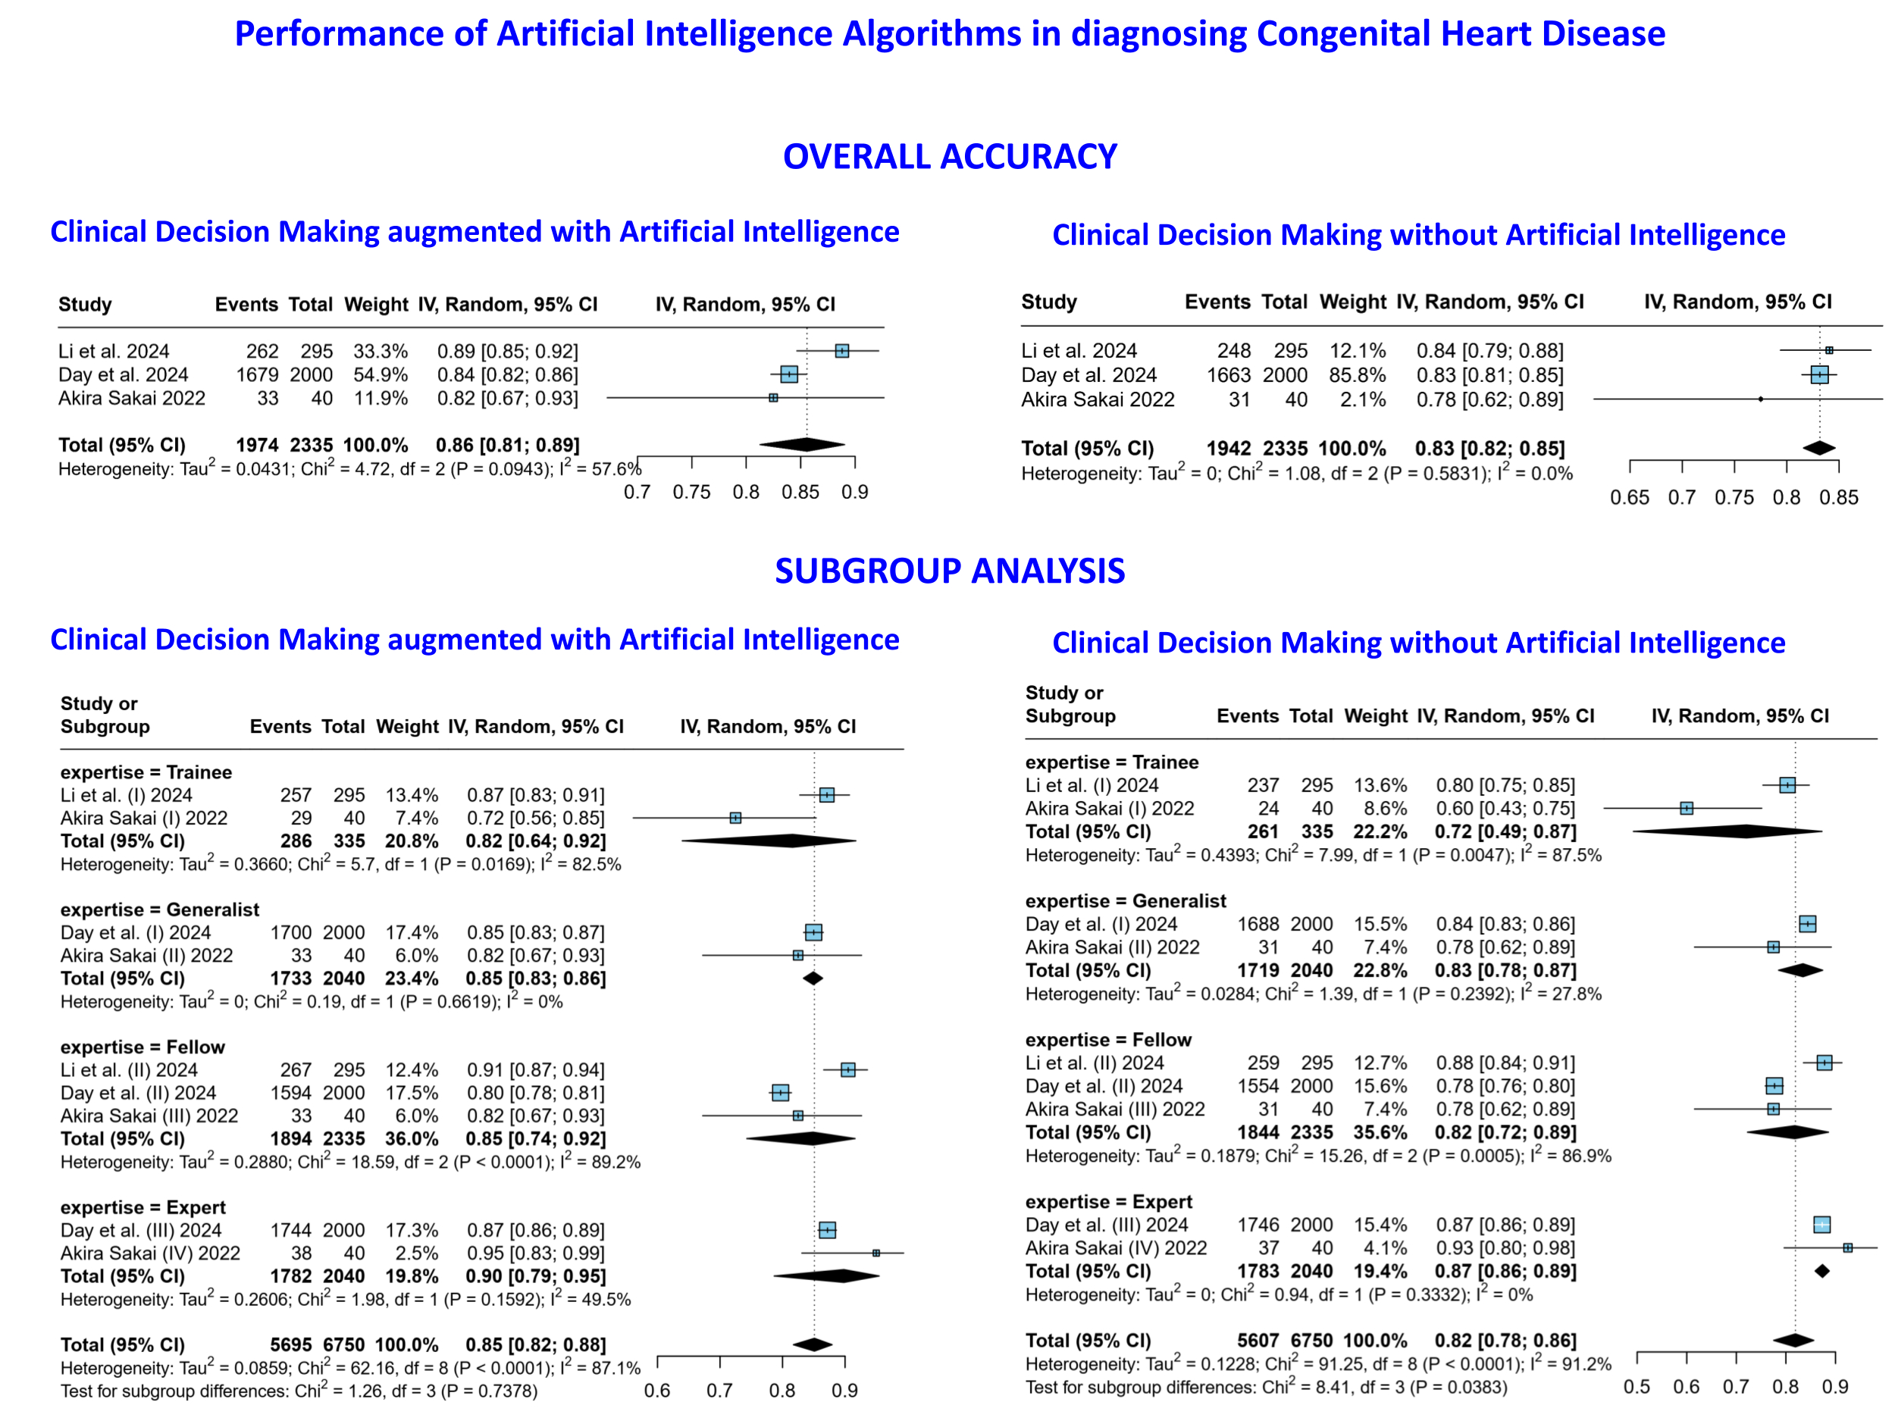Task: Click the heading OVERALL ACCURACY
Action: [949, 157]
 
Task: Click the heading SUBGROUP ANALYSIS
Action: [949, 571]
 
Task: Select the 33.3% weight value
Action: [380, 351]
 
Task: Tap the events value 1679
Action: [257, 375]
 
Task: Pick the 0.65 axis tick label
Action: [1629, 498]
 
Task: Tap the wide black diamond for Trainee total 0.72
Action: [1726, 831]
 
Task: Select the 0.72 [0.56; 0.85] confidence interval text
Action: [535, 818]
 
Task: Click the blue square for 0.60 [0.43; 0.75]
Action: [1686, 808]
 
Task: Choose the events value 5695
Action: [290, 1344]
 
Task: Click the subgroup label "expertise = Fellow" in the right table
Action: [1107, 1040]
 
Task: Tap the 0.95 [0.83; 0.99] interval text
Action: [535, 1253]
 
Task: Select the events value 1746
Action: [1258, 1225]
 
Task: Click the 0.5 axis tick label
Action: [1637, 1388]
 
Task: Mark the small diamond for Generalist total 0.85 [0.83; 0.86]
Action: [812, 978]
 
